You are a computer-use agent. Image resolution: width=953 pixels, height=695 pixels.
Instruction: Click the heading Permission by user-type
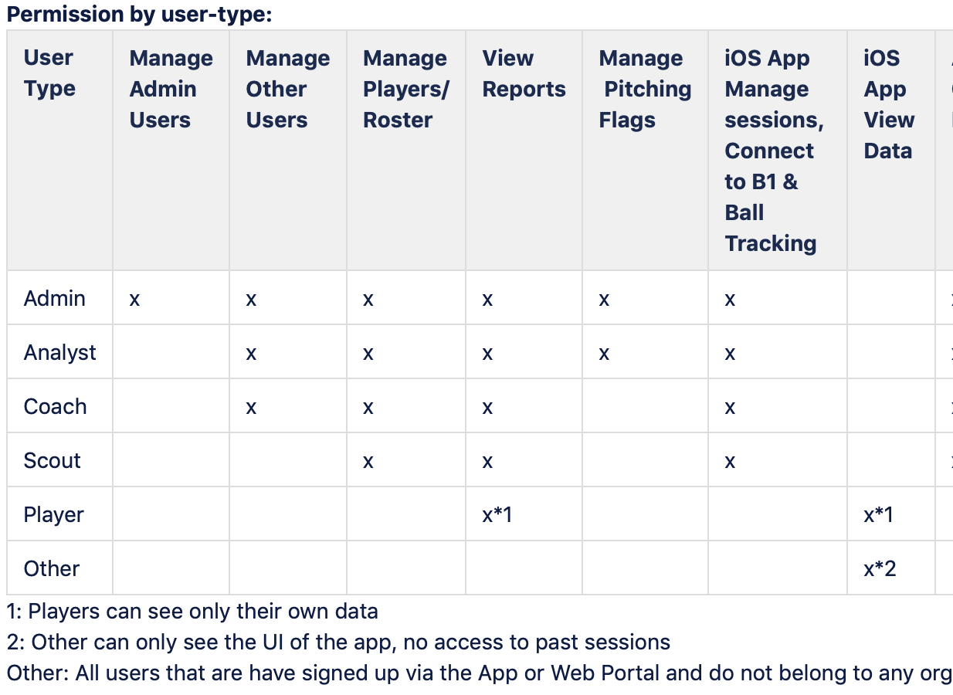(x=139, y=15)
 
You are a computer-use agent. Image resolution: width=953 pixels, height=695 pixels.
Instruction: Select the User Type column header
(x=49, y=73)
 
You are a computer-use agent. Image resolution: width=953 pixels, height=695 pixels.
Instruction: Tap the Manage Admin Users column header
(x=171, y=89)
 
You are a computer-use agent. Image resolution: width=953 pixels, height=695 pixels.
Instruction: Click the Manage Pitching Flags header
(x=645, y=89)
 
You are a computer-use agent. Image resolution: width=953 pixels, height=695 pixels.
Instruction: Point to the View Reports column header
(x=524, y=73)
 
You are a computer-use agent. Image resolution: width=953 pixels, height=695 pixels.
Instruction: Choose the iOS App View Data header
(x=889, y=104)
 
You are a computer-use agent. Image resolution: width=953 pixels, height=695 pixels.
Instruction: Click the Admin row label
(x=55, y=298)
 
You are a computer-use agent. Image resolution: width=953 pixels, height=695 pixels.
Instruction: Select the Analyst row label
(x=59, y=353)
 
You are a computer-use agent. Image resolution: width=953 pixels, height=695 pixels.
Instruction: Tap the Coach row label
(x=55, y=407)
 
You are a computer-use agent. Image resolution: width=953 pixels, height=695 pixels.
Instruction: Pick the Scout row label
(x=52, y=461)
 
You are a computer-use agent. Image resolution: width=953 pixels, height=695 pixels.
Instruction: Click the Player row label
(x=53, y=515)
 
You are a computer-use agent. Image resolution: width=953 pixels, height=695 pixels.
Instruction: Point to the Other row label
(x=52, y=568)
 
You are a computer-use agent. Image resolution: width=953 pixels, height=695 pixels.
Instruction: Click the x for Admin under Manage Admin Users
(x=134, y=300)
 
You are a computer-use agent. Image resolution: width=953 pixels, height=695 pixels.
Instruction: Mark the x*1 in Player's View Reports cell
(x=497, y=515)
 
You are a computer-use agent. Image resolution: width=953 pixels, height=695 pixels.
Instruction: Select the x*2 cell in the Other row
(x=880, y=569)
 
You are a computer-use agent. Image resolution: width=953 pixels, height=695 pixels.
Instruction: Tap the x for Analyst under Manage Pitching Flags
(x=604, y=354)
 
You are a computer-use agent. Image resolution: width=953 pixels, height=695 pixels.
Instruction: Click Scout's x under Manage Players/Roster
(x=368, y=462)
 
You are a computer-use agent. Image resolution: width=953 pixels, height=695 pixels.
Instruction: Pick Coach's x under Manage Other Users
(x=251, y=408)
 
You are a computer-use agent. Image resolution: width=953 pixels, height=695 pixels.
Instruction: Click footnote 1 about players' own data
(x=192, y=612)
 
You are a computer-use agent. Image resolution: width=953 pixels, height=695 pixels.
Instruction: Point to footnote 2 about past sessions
(x=339, y=642)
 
